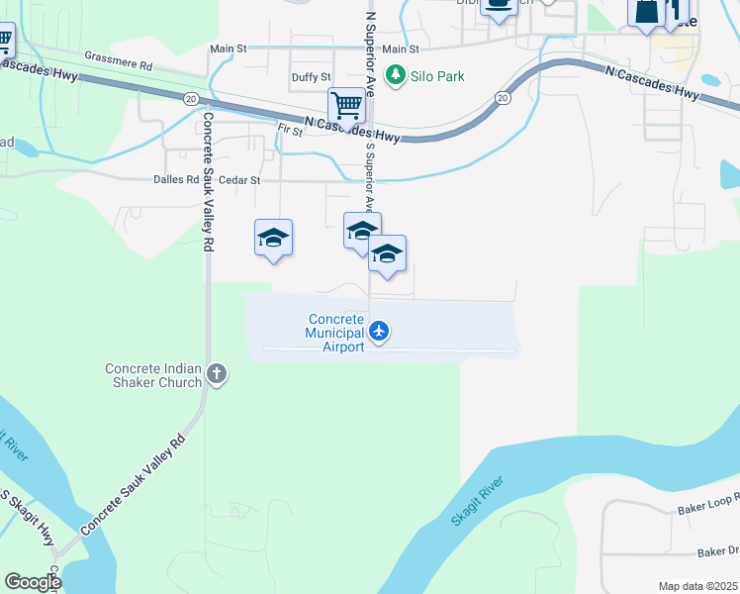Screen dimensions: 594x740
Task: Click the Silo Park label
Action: coord(439,76)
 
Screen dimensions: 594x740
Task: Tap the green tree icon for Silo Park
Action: coord(397,75)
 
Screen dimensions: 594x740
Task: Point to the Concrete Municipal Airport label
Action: coord(336,333)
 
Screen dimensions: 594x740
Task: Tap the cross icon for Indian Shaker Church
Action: coord(218,374)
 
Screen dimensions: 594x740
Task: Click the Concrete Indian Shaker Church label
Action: coord(153,375)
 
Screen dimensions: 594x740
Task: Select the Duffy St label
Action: coord(311,77)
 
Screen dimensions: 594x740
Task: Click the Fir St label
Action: coord(290,130)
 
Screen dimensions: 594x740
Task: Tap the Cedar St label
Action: coord(240,180)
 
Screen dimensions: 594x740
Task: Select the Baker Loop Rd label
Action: coord(708,507)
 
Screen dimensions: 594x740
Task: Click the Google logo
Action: coord(33,582)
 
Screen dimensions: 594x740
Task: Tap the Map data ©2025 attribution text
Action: coord(697,586)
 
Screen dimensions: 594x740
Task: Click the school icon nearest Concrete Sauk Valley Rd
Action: coord(273,239)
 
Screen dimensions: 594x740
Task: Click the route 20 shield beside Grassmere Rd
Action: coord(189,97)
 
